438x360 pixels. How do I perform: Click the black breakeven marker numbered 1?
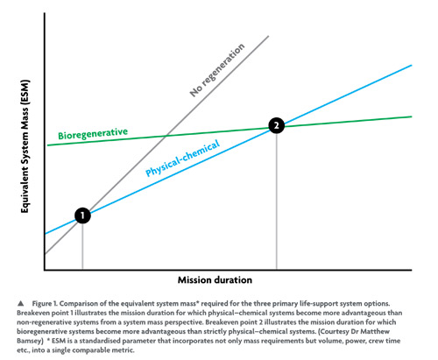click(82, 215)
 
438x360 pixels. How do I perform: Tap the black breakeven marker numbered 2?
click(276, 125)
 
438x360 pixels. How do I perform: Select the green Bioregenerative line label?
click(93, 134)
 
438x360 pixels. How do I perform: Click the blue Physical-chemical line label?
click(182, 159)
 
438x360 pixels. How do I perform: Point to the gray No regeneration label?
click(217, 70)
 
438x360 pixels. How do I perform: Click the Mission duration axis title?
click(215, 280)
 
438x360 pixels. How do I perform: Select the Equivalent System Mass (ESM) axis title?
click(25, 146)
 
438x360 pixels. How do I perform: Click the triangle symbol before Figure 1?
click(20, 303)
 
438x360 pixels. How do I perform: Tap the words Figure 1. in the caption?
click(45, 304)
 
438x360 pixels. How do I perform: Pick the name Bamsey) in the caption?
click(30, 341)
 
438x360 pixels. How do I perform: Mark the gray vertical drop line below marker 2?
click(277, 201)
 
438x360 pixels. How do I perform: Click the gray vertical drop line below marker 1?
click(82, 247)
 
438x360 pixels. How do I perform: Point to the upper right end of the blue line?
click(412, 66)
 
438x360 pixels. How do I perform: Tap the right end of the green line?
click(412, 116)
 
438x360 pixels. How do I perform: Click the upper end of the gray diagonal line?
click(268, 36)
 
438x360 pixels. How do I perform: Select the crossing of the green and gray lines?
click(166, 136)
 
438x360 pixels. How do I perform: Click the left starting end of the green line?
click(47, 145)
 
